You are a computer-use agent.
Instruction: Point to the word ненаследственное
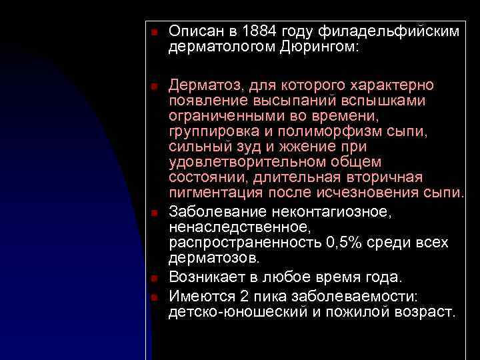point(227,227)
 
